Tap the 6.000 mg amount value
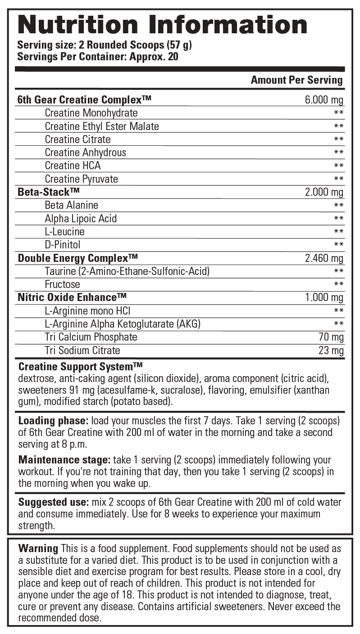click(x=324, y=100)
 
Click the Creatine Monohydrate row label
click(x=91, y=113)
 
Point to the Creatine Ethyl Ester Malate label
click(x=102, y=126)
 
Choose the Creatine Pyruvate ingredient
click(x=81, y=179)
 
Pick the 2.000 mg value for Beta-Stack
click(x=324, y=193)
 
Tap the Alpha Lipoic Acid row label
click(x=81, y=219)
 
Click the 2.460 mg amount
click(x=324, y=258)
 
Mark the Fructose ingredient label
click(x=63, y=284)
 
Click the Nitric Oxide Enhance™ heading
click(x=72, y=297)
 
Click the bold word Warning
click(x=38, y=549)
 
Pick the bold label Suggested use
click(x=53, y=502)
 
